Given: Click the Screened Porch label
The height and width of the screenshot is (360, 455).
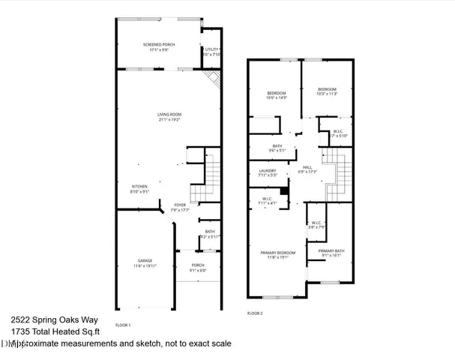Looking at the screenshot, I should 159,46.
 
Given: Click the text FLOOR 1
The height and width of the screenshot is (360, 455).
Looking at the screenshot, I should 123,325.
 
